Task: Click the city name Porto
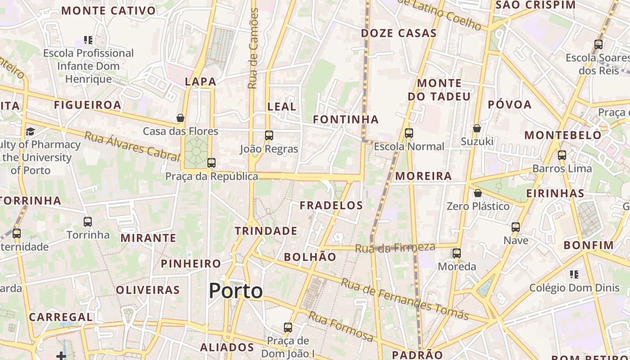(x=236, y=291)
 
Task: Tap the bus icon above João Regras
(x=269, y=135)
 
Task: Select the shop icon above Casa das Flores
(x=180, y=118)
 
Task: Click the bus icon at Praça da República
(x=211, y=163)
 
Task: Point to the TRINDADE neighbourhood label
(x=266, y=231)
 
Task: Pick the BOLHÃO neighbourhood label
(x=310, y=257)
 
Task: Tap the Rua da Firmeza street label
(x=395, y=247)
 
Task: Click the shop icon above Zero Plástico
(x=477, y=193)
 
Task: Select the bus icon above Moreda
(x=457, y=253)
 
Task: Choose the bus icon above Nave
(x=516, y=227)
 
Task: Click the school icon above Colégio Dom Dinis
(x=574, y=274)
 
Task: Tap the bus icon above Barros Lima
(x=562, y=155)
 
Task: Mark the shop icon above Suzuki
(x=477, y=129)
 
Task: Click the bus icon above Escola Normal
(x=409, y=133)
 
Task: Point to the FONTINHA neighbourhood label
(x=346, y=119)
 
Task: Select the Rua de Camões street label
(x=254, y=48)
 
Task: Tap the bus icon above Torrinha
(x=88, y=222)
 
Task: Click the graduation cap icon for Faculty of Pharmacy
(x=30, y=131)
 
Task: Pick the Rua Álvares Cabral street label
(x=132, y=146)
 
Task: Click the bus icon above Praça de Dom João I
(x=288, y=328)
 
